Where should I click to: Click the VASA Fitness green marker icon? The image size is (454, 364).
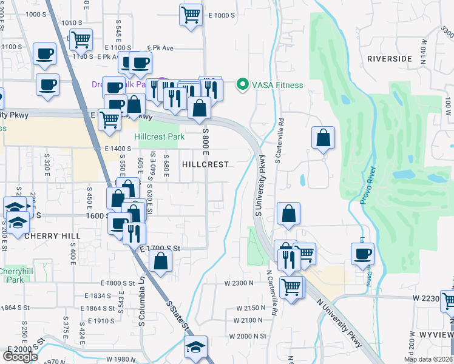click(243, 84)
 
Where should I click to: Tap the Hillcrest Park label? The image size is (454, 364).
click(159, 137)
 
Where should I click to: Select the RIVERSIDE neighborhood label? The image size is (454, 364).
click(389, 59)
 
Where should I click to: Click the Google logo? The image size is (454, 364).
click(20, 357)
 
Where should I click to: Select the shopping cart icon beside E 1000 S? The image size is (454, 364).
click(191, 14)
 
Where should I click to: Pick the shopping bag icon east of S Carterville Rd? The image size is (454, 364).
click(324, 137)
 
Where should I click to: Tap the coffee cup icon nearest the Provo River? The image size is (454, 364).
click(363, 253)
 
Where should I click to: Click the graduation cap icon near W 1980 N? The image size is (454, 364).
click(195, 347)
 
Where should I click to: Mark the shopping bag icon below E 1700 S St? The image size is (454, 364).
click(161, 261)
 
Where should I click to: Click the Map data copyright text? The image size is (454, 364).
click(428, 359)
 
